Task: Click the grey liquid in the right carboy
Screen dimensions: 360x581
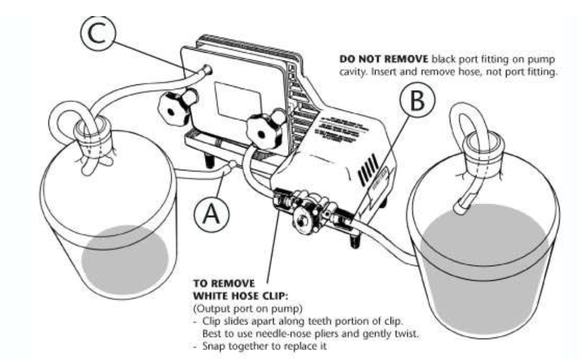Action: (x=484, y=263)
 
